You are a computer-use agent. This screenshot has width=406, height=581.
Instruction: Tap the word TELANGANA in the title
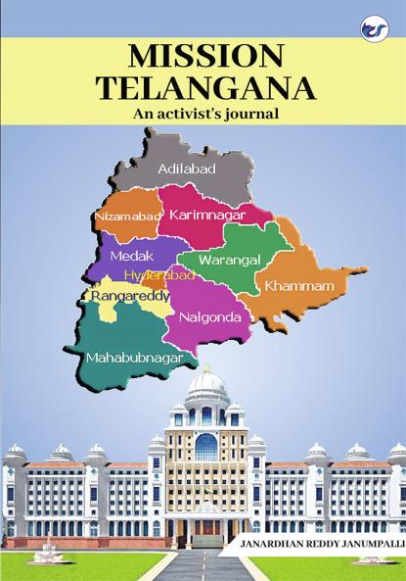click(x=204, y=88)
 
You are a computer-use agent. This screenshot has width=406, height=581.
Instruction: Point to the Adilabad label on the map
click(x=186, y=169)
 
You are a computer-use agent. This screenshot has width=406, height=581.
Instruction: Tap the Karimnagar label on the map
click(x=205, y=214)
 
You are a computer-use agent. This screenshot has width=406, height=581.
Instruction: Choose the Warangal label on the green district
click(x=229, y=261)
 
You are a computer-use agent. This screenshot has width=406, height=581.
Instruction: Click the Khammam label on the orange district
click(x=293, y=286)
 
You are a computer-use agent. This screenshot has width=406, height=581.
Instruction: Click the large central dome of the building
click(x=204, y=387)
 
